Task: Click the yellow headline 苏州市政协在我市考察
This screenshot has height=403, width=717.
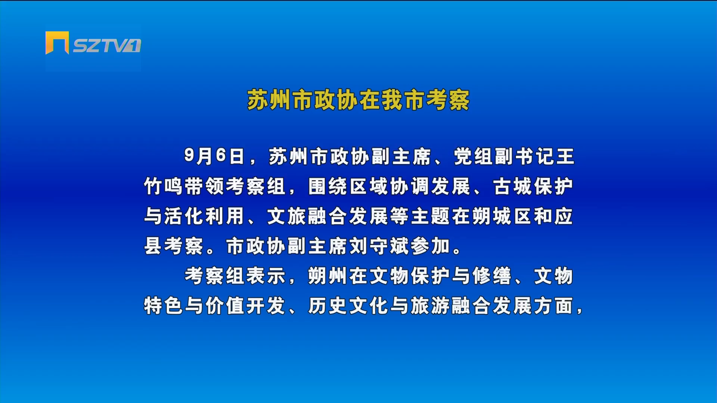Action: pyautogui.click(x=358, y=100)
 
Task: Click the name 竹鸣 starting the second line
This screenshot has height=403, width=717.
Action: pyautogui.click(x=164, y=186)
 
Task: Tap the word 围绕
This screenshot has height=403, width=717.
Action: pyautogui.click(x=328, y=186)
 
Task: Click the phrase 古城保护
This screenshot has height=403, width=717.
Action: pyautogui.click(x=533, y=186)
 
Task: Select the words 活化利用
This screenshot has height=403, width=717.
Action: pyautogui.click(x=204, y=216)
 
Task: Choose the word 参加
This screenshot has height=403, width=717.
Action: pyautogui.click(x=430, y=246)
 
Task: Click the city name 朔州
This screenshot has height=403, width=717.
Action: pyautogui.click(x=328, y=276)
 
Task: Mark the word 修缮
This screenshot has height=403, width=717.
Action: pyautogui.click(x=492, y=276)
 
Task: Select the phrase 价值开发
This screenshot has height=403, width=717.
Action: pyautogui.click(x=245, y=306)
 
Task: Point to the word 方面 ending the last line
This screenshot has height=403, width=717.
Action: pyautogui.click(x=554, y=306)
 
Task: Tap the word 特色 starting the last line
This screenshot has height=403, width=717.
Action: pyautogui.click(x=164, y=306)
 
